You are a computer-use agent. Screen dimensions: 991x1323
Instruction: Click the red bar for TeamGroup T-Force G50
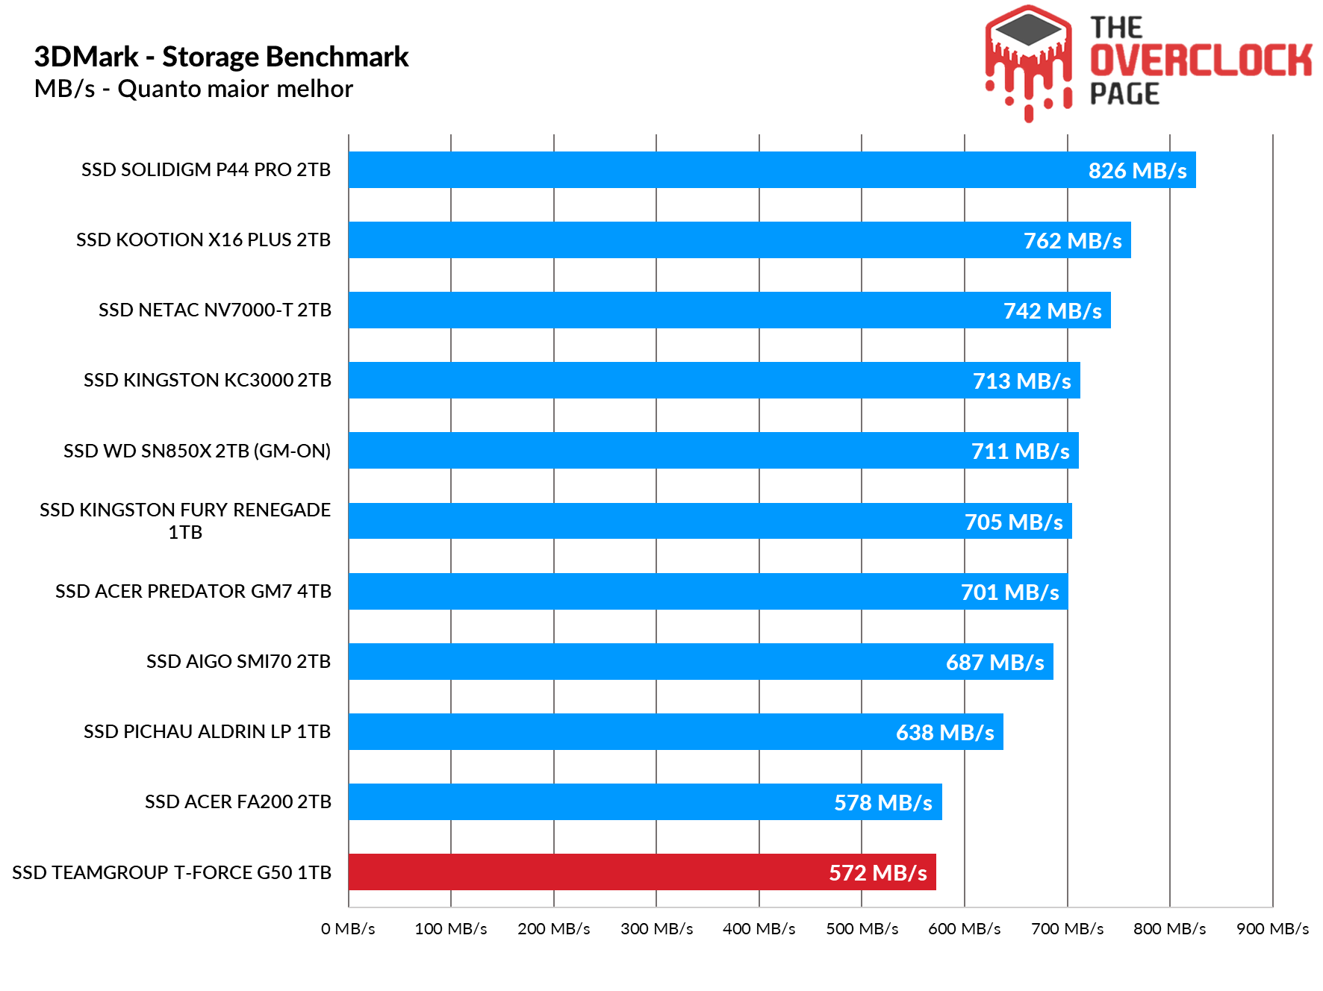coord(642,872)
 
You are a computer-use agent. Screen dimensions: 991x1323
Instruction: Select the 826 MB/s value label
coord(1137,171)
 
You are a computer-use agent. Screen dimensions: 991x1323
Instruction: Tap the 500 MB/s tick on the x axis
coord(862,928)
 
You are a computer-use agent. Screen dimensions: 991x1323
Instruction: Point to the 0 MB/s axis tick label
coord(348,928)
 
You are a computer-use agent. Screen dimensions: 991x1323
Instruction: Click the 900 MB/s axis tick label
coord(1272,928)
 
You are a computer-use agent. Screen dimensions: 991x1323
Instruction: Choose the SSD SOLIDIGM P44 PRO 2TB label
coord(205,170)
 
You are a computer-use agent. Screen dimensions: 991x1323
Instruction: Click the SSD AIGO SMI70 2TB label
coord(238,661)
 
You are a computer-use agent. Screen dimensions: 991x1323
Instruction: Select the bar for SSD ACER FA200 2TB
coord(645,801)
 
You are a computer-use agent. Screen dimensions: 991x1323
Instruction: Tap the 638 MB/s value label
coord(944,732)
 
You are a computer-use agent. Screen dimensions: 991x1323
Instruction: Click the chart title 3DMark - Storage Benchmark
coord(221,57)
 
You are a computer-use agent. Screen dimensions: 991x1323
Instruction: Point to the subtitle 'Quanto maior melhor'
coord(234,89)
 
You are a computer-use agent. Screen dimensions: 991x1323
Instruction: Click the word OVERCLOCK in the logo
coord(1201,60)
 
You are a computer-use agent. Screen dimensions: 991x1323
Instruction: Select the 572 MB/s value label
coord(877,872)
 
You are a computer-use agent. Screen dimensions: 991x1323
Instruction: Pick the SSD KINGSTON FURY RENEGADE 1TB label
coord(185,521)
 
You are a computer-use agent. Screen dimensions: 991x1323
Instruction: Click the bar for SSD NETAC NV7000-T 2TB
coord(729,310)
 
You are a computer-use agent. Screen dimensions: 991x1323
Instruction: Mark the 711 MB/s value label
coord(1020,451)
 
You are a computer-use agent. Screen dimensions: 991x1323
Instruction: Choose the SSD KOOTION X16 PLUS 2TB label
coord(203,240)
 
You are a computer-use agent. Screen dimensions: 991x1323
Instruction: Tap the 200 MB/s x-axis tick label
coord(553,928)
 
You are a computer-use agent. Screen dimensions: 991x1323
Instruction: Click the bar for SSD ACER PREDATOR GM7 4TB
coord(708,591)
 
